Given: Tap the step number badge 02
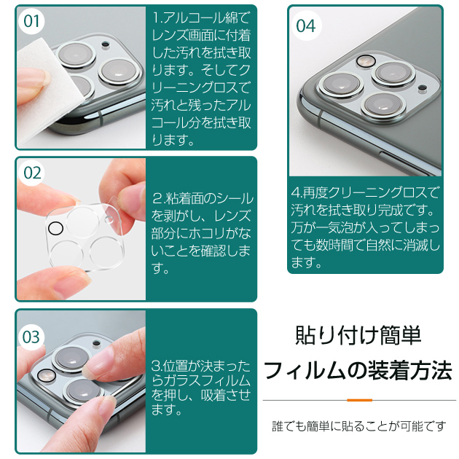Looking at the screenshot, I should pyautogui.click(x=32, y=173).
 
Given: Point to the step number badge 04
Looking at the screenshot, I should pyautogui.click(x=306, y=25).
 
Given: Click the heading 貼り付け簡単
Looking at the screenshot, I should pyautogui.click(x=358, y=335).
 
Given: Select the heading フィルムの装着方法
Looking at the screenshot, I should pyautogui.click(x=358, y=371).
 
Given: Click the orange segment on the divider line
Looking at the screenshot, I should pyautogui.click(x=359, y=400).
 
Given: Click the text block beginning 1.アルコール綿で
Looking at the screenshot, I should pyautogui.click(x=202, y=77).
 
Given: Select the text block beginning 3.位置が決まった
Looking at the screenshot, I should pyautogui.click(x=202, y=387).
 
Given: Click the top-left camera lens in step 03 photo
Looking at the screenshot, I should pyautogui.click(x=69, y=357).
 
